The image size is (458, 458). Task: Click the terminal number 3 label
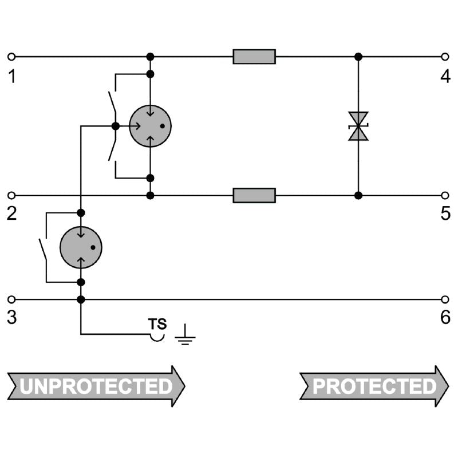tap(11, 318)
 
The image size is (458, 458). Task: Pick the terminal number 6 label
tap(445, 318)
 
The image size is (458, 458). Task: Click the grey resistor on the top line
tap(254, 57)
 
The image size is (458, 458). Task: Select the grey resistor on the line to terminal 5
tap(254, 195)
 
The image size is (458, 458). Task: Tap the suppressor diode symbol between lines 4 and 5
tap(358, 126)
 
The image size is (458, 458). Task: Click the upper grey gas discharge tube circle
tap(150, 126)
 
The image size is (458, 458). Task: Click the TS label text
tap(157, 324)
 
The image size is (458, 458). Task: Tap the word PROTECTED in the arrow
tap(374, 386)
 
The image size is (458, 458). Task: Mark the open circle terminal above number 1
tap(11, 57)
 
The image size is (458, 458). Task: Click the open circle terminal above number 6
tap(445, 299)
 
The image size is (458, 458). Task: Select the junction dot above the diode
tap(358, 57)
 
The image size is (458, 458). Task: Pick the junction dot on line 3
tap(81, 299)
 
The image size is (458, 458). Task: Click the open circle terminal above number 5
tap(445, 195)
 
